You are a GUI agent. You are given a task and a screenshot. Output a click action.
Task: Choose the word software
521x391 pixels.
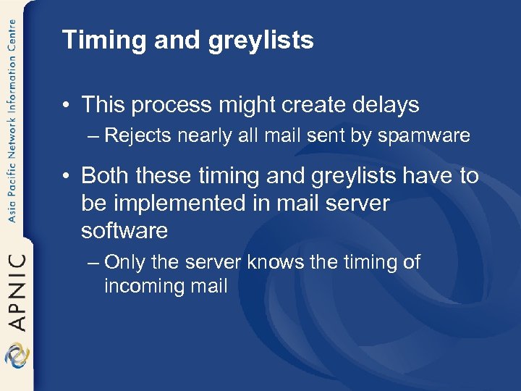(124, 231)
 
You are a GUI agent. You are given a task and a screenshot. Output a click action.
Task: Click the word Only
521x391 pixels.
(129, 262)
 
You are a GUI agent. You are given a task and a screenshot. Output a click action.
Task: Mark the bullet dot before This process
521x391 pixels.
(67, 106)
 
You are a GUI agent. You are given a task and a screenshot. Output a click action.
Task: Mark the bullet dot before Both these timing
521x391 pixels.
(67, 176)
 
